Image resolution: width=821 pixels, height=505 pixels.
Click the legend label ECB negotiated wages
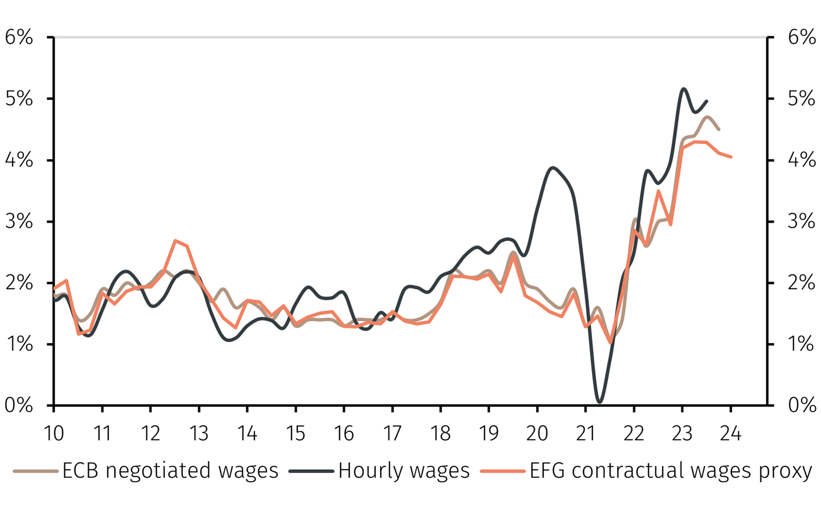click(x=170, y=471)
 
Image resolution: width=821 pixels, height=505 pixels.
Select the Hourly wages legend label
click(x=404, y=471)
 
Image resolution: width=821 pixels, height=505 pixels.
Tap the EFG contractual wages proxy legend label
click(x=670, y=471)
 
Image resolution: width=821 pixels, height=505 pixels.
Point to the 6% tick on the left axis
click(x=19, y=37)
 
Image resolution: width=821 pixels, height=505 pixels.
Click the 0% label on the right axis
click(x=801, y=405)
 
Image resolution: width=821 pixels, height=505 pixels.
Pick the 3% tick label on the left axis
click(x=19, y=221)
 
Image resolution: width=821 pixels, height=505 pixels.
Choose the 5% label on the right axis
click(x=801, y=99)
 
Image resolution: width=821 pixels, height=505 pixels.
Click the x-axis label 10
click(x=54, y=433)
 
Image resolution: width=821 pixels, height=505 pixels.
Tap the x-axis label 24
click(x=731, y=433)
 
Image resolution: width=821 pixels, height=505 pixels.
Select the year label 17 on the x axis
click(x=392, y=433)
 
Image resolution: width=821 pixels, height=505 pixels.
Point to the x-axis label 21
click(x=585, y=433)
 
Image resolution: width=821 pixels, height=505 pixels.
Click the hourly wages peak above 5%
click(x=683, y=89)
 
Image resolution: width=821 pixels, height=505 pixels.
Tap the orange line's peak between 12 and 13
click(x=175, y=241)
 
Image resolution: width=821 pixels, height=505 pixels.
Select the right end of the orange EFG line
click(x=731, y=157)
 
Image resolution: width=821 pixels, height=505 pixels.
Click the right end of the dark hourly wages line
click(x=707, y=101)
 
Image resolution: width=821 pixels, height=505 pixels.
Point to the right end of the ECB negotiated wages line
click(x=719, y=129)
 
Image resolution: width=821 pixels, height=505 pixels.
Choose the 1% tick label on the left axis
click(x=19, y=344)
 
